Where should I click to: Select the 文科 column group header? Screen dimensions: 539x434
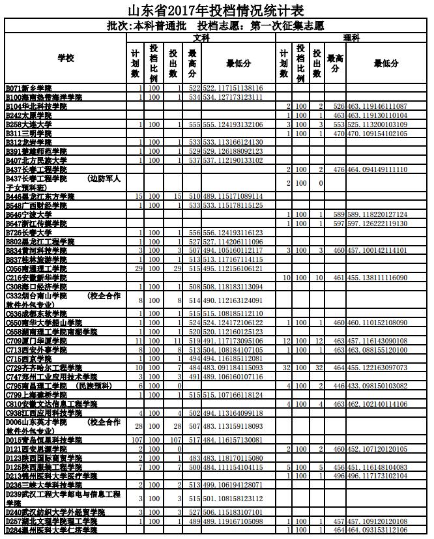coord(201,38)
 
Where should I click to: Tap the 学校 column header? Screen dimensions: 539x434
coord(66,59)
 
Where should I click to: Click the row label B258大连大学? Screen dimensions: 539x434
coord(29,124)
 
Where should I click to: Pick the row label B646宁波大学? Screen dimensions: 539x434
coord(29,214)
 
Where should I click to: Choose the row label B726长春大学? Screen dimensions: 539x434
coord(29,232)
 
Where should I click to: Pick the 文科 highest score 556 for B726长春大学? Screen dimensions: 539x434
coord(194,232)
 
